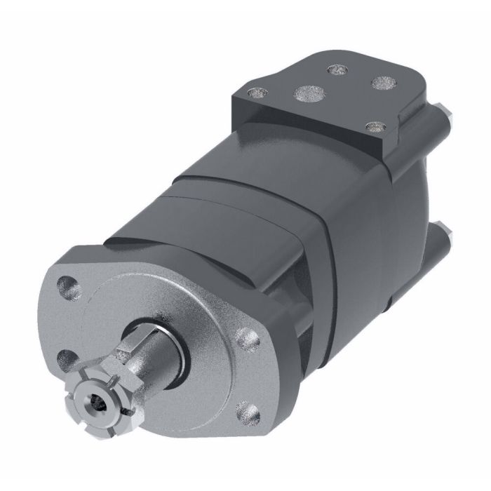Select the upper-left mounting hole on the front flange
click(68, 285)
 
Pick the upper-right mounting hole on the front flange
click(246, 339)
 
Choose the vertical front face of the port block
click(309, 137)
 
